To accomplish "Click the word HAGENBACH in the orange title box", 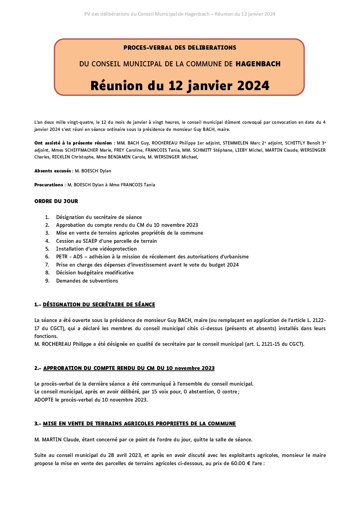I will point(258,64).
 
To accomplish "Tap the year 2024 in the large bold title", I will point(253,86).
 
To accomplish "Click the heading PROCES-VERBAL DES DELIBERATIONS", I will point(180,48).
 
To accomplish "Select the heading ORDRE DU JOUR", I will point(56,201).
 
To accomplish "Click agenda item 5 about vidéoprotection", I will point(96,249).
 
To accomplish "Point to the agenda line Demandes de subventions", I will point(87,281).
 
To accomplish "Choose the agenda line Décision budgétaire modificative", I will point(95,273).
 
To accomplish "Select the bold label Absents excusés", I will point(53,171).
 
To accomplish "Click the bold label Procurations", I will point(49,185).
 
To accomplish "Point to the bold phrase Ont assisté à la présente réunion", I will point(73,143).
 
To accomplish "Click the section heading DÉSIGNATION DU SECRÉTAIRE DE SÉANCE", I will point(99,305).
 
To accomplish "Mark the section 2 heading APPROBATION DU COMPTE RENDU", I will point(129,368).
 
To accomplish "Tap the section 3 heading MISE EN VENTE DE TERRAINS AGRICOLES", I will point(140,424).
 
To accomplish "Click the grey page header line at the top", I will point(180,14).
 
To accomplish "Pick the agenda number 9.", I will point(47,281).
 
